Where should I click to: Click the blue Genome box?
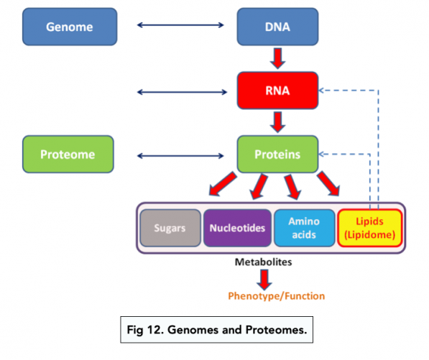[69, 27]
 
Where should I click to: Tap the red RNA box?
[277, 91]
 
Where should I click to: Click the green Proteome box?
[68, 154]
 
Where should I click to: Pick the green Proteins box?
[277, 154]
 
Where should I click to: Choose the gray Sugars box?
[170, 228]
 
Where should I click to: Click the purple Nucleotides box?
[237, 228]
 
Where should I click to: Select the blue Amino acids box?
[304, 228]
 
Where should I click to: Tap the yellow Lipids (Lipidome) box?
[370, 228]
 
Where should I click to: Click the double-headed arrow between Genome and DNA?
[181, 27]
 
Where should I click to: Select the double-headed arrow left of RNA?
[181, 91]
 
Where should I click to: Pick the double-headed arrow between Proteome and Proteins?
[181, 154]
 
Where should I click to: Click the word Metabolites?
[263, 262]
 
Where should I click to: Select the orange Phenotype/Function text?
[276, 295]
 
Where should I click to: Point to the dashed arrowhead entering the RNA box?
[323, 91]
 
